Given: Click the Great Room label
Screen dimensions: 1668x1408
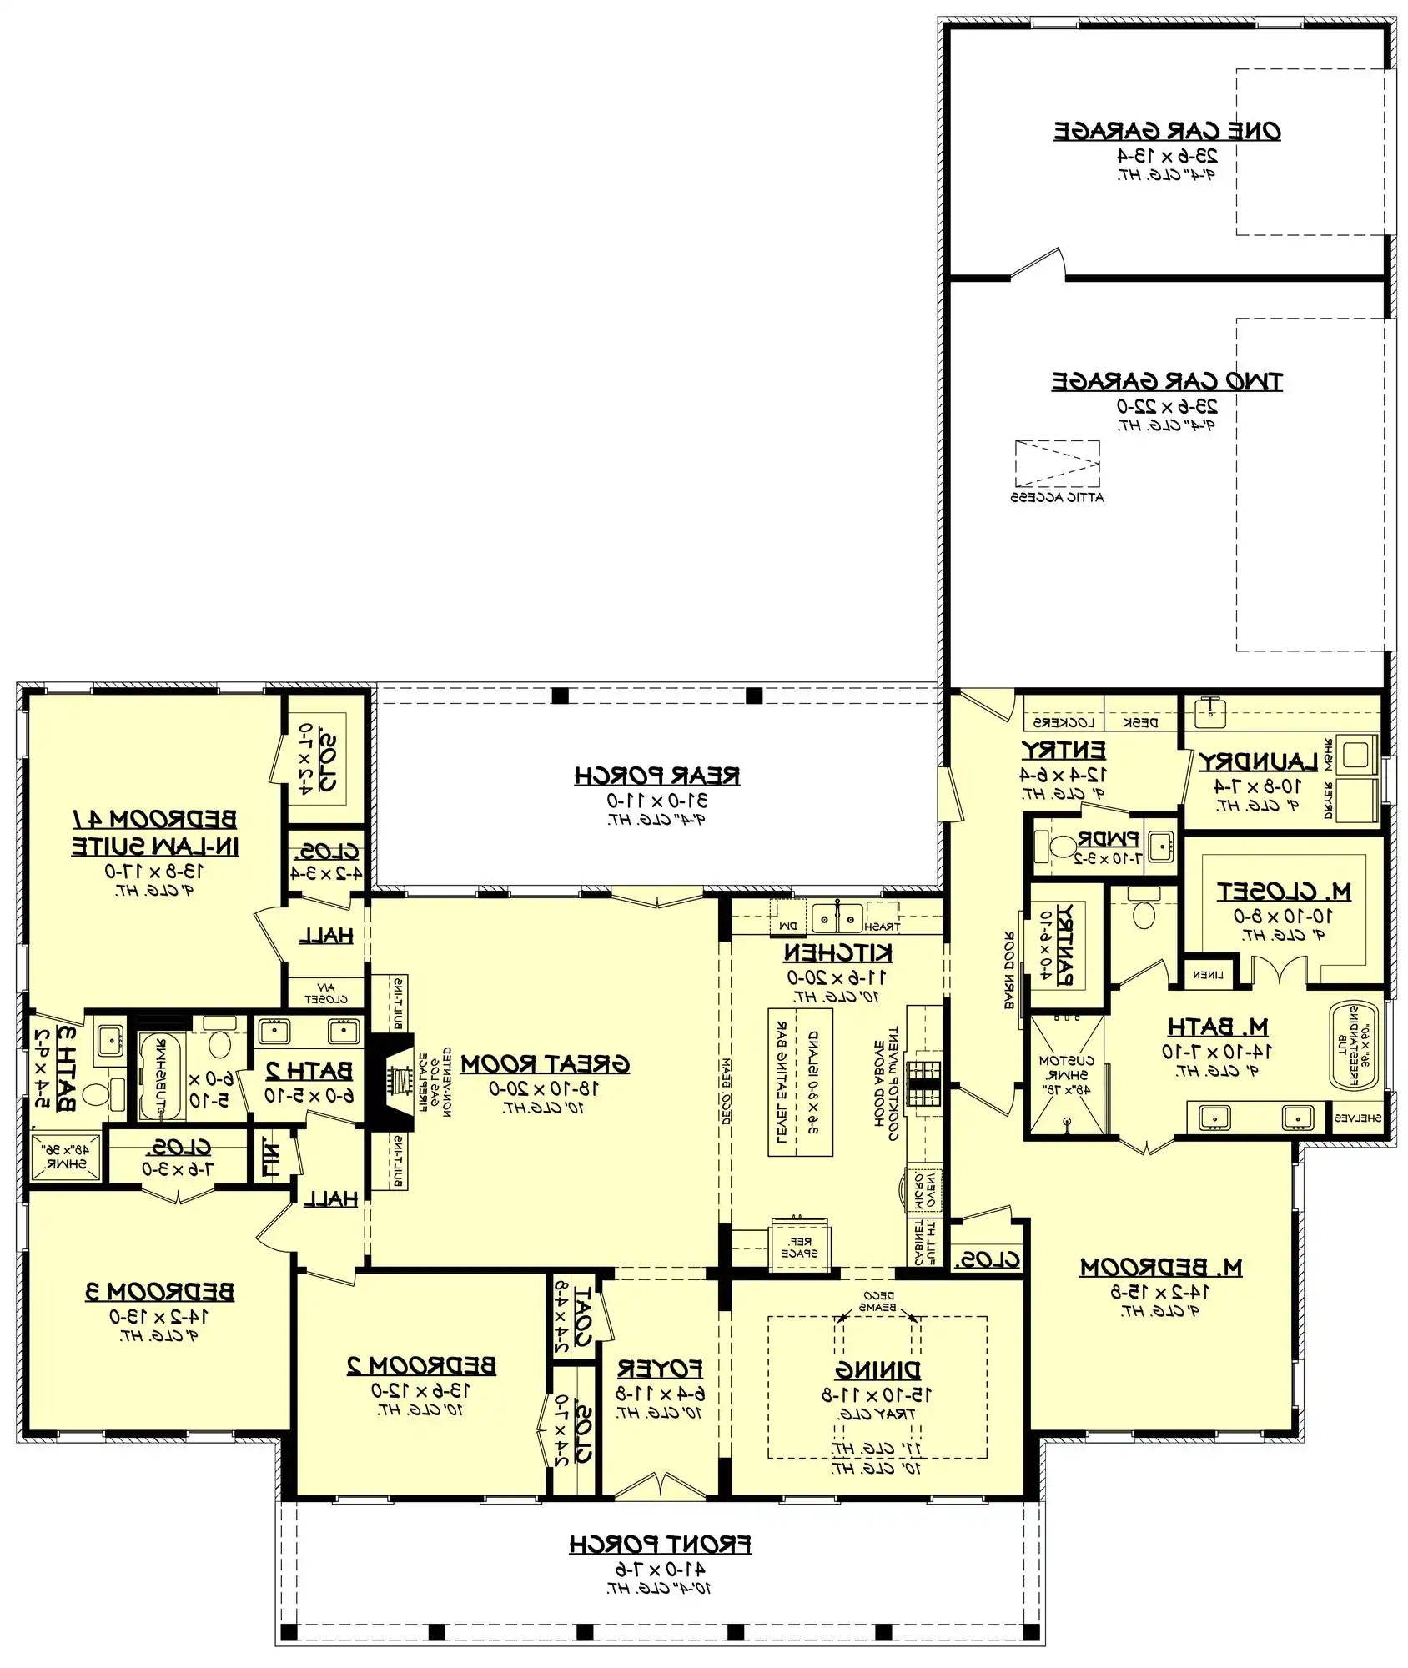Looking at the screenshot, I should (545, 1064).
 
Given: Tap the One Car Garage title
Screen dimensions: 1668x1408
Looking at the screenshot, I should (1167, 131).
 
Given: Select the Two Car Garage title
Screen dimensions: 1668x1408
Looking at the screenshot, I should (1167, 381).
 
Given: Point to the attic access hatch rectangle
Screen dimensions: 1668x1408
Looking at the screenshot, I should (1057, 464).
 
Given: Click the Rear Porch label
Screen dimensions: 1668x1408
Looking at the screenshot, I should (656, 776).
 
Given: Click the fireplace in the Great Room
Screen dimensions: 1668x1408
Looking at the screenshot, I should (394, 1082).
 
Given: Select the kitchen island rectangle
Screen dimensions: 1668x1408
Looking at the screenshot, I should (800, 1082).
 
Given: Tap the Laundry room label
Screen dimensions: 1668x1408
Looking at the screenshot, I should (1258, 761).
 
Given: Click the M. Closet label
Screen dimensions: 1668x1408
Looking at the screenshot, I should (1284, 892).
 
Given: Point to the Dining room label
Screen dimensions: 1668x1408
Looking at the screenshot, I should (877, 1369).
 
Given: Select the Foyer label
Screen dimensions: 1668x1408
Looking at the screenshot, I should (660, 1369).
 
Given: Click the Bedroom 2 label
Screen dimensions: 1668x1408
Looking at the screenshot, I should (421, 1365).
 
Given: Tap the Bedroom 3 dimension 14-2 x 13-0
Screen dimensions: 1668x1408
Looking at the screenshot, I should (159, 1316).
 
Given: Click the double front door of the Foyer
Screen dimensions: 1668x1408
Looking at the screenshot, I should (660, 1485).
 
